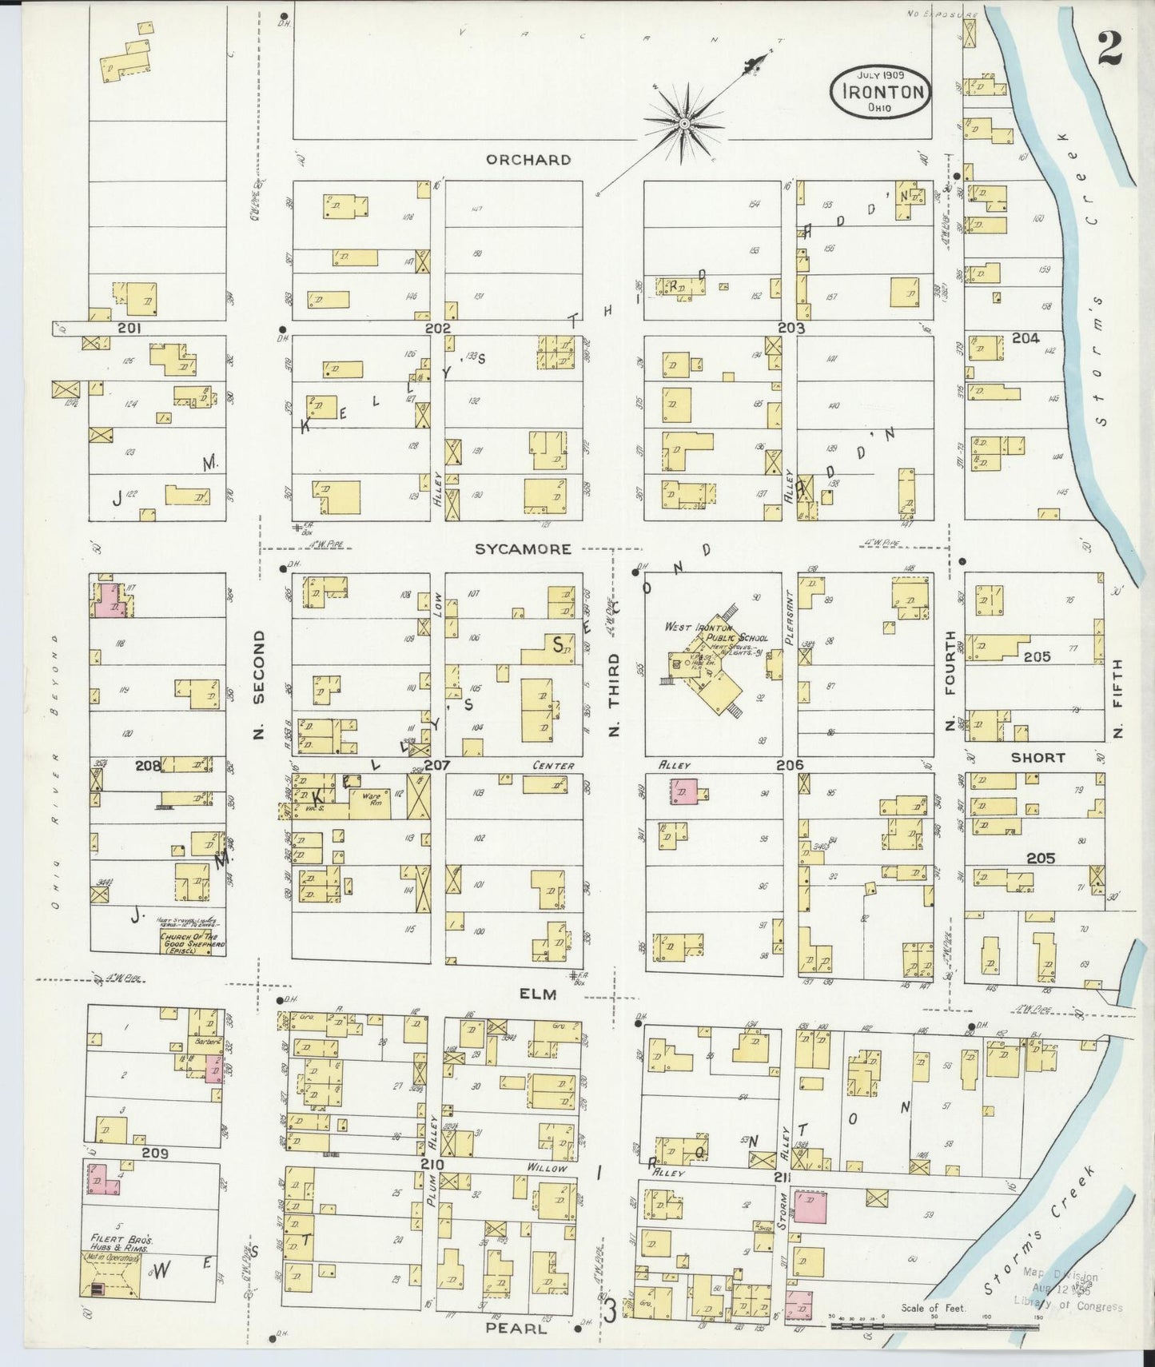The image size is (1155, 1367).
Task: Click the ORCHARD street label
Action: point(528,160)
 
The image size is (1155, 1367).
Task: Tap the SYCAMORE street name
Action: point(523,549)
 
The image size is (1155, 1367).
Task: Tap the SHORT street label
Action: point(1038,757)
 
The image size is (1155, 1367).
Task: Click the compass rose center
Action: point(685,124)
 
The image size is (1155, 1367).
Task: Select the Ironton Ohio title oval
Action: point(880,91)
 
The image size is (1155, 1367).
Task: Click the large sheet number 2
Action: point(1109,49)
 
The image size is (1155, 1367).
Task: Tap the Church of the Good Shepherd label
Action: point(192,943)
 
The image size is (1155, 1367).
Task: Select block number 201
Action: point(129,328)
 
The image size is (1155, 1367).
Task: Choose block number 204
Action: point(1026,338)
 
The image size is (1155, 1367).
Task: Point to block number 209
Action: point(154,1153)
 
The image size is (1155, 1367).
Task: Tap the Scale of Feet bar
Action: point(934,1326)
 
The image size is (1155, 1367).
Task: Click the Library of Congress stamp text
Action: point(1067,1306)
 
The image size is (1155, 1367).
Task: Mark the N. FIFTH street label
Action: point(1117,699)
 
